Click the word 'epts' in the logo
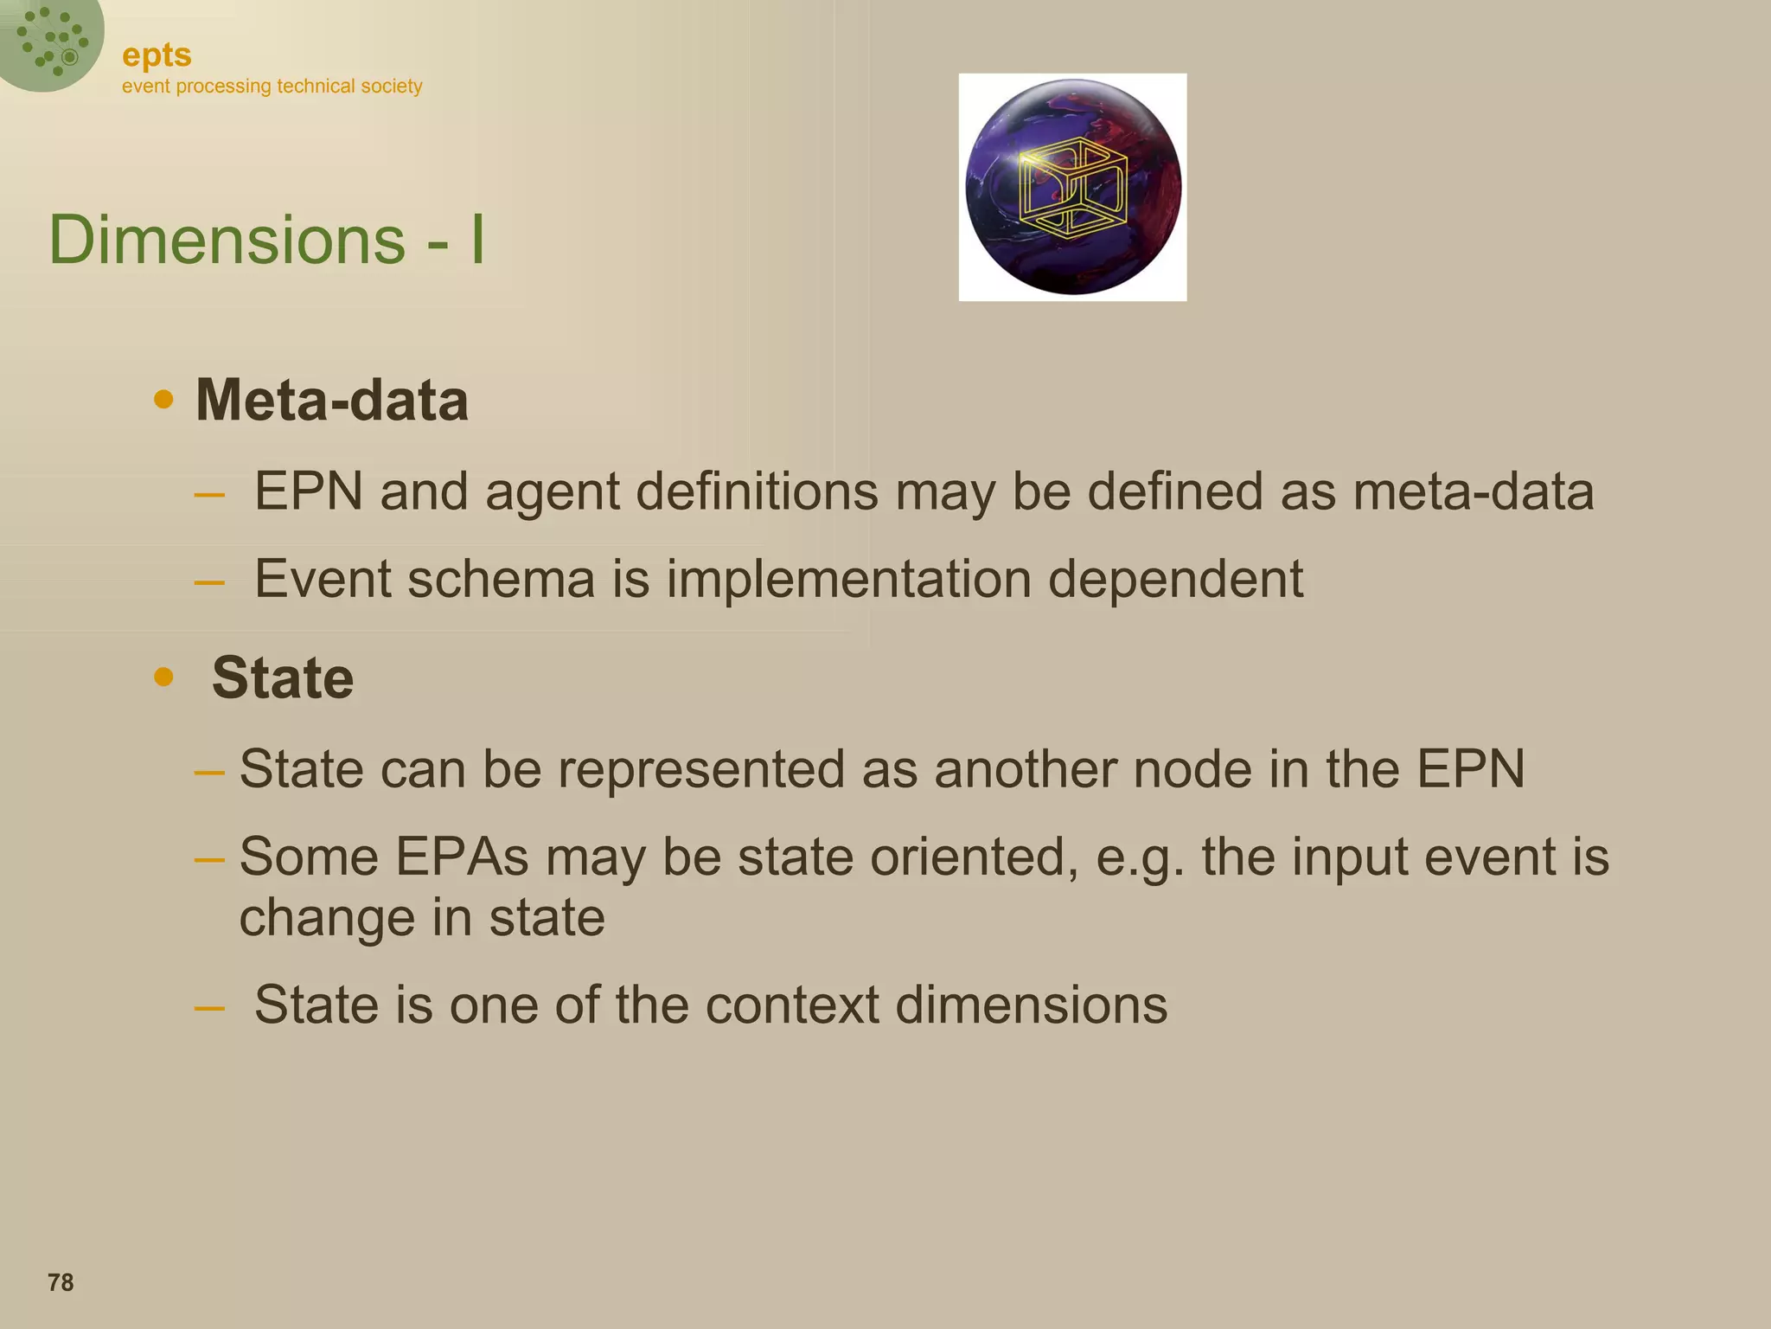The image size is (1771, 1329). click(x=157, y=56)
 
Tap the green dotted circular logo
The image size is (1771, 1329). click(x=50, y=42)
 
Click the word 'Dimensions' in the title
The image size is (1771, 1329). click(x=227, y=240)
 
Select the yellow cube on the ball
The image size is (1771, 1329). click(x=1073, y=188)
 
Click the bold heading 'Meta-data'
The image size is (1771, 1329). click(x=332, y=401)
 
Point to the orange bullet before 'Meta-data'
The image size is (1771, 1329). click(x=163, y=400)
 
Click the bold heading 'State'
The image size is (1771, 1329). click(x=283, y=677)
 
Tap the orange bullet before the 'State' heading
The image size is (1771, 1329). click(x=163, y=677)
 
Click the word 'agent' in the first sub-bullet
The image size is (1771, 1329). click(x=552, y=493)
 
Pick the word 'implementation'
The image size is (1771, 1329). click(x=848, y=579)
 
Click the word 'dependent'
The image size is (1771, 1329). click(x=1175, y=579)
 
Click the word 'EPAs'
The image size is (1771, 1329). click(x=462, y=857)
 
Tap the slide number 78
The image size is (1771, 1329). click(x=61, y=1282)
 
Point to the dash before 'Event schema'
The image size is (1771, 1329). click(x=209, y=582)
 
